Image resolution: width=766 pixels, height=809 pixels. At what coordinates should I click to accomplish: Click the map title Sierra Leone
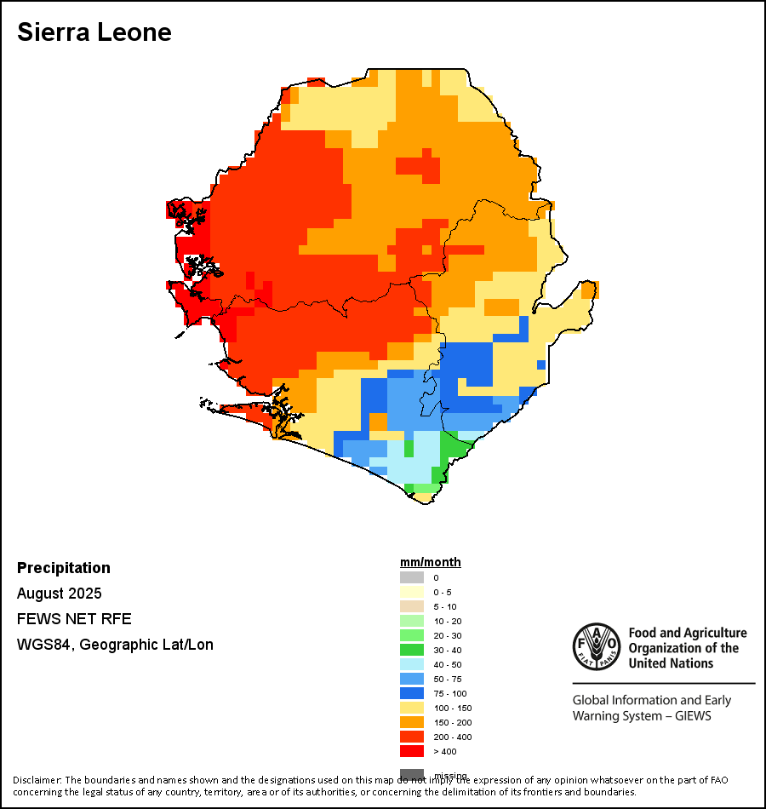click(x=94, y=32)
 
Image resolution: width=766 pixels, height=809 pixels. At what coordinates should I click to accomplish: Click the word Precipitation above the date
click(x=64, y=568)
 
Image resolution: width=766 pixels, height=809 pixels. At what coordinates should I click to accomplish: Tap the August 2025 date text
click(x=60, y=594)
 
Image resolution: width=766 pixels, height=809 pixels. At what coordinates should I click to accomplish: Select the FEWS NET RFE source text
click(x=74, y=619)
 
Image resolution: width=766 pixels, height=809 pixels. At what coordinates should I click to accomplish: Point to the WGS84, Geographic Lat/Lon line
click(x=115, y=645)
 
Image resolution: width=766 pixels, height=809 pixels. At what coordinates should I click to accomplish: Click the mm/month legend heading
click(x=431, y=562)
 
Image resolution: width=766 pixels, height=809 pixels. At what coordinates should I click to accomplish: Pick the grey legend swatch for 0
click(x=412, y=577)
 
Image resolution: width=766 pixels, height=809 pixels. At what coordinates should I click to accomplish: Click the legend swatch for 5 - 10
click(x=412, y=606)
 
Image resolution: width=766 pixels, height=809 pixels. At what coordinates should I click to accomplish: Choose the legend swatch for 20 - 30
click(x=412, y=635)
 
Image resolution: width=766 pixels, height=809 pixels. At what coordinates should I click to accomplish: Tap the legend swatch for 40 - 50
click(x=412, y=664)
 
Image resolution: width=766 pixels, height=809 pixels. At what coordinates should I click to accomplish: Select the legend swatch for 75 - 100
click(x=412, y=693)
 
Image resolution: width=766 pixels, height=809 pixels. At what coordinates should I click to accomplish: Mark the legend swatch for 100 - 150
click(x=412, y=708)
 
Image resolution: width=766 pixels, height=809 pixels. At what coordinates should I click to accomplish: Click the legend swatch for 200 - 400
click(x=412, y=737)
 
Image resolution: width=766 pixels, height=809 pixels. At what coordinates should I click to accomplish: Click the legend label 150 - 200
click(x=452, y=722)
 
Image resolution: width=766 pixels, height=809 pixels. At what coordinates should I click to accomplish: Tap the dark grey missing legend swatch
click(x=412, y=774)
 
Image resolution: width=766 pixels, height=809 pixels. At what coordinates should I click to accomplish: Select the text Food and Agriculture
click(x=688, y=633)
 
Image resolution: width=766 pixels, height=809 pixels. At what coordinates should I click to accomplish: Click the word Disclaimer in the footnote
click(x=37, y=780)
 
